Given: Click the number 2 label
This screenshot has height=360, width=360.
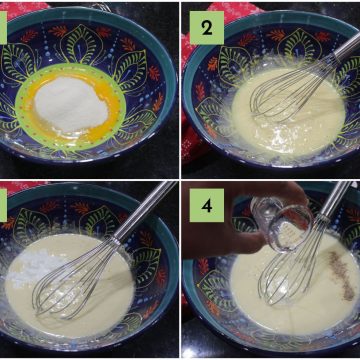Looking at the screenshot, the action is coord(207,28).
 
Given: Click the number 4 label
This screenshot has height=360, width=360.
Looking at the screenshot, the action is coord(207,205).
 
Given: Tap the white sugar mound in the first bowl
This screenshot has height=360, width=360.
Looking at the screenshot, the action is coord(71,104).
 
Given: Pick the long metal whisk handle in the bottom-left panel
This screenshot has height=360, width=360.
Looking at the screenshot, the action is coord(144,210).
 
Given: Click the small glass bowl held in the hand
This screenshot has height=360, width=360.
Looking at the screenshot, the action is coord(282,223).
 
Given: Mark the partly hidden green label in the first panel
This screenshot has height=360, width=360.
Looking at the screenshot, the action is coord(3,28).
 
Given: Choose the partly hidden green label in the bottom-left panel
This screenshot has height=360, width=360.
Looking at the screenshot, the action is coord(3,205).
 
